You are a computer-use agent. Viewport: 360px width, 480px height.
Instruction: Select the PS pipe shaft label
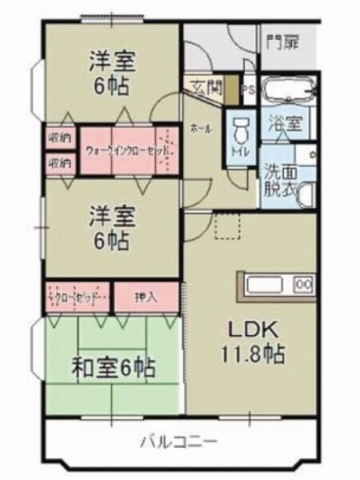[248, 90]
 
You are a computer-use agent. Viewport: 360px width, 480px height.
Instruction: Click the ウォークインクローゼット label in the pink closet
[124, 150]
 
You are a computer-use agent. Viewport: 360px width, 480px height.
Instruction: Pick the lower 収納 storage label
[60, 162]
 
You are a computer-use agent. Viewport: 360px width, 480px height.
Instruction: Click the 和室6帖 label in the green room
[114, 369]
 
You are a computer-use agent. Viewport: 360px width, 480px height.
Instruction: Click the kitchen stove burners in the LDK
[304, 284]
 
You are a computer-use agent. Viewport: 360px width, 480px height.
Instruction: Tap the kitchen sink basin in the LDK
[263, 284]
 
